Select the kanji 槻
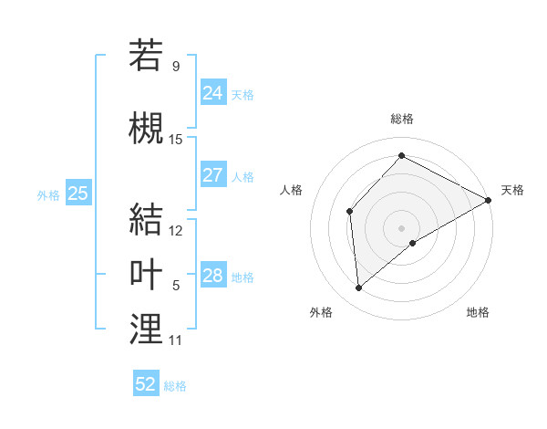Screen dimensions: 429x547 coord(146,126)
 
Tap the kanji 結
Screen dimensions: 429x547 coord(146,219)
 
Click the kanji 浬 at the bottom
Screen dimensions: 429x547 coord(146,329)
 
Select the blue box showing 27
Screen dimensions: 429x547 coord(213,175)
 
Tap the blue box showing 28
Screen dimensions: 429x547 coord(213,276)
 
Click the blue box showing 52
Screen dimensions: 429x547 coord(146,384)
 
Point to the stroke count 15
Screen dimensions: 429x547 coord(176,139)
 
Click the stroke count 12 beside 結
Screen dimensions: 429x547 coord(176,231)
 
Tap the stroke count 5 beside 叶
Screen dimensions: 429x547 coord(176,286)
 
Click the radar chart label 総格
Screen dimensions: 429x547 coord(401,119)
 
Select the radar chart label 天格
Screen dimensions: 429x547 coord(512,190)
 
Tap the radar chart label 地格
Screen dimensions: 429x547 coord(478,312)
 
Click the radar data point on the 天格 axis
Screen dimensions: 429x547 coord(489,200)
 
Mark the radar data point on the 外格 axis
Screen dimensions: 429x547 coord(359,288)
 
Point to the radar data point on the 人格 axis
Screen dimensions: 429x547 coord(349,212)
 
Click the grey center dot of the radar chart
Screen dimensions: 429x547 coord(401,227)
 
